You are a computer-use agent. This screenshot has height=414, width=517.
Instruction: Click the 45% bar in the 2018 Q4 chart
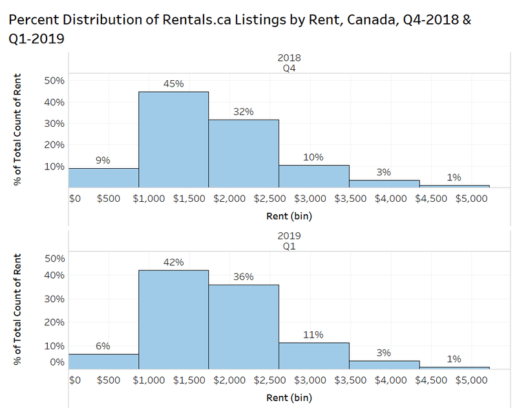173,139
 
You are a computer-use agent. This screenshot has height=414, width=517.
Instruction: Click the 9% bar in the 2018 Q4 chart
103,177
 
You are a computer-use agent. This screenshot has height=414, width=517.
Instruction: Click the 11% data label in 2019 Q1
313,334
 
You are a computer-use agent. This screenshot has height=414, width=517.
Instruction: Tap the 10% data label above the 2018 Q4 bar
313,157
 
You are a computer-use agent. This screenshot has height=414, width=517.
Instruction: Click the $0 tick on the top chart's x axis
74,199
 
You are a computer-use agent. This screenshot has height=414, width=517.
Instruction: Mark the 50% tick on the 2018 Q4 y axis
54,80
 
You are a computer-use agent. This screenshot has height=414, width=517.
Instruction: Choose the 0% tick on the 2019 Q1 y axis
57,362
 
